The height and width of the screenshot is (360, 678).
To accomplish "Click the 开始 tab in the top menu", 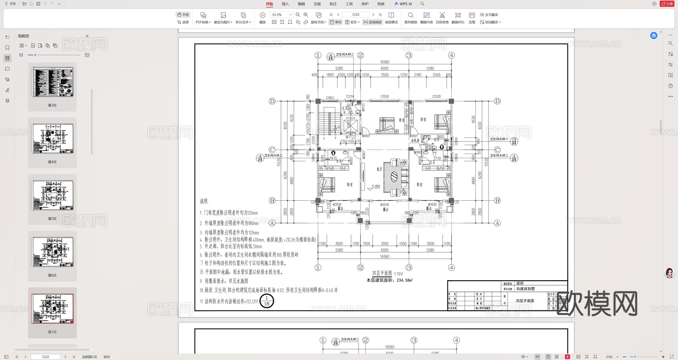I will pyautogui.click(x=269, y=4).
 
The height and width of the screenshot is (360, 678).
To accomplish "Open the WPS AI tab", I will pyautogui.click(x=403, y=4).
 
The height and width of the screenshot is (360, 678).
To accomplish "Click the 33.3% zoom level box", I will pyautogui.click(x=281, y=15).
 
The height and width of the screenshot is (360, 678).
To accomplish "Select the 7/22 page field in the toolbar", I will pyautogui.click(x=356, y=15).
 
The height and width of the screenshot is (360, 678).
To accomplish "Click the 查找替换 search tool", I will pyautogui.click(x=411, y=18).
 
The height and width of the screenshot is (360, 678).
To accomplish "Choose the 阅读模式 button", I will pyautogui.click(x=391, y=18).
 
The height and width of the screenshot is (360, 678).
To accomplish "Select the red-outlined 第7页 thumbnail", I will pyautogui.click(x=52, y=309).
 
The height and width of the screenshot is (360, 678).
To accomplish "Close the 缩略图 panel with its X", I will pyautogui.click(x=87, y=36).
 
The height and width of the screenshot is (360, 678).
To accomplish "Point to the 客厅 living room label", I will pyautogui.click(x=379, y=169).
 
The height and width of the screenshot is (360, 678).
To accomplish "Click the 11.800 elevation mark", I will pyautogui.click(x=376, y=186).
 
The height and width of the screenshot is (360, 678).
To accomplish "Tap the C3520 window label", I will pyautogui.click(x=385, y=96).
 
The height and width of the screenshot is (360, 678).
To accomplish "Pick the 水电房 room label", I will pyautogui.click(x=415, y=140).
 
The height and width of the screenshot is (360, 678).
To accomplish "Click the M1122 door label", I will pyautogui.click(x=351, y=137).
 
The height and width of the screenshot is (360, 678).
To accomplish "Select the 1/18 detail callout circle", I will pyautogui.click(x=267, y=301).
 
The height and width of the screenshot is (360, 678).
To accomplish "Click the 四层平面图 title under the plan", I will pyautogui.click(x=382, y=273).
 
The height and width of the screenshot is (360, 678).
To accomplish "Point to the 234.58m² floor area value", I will pyautogui.click(x=405, y=280).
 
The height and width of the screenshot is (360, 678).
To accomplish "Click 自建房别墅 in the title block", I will pyautogui.click(x=525, y=289).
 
